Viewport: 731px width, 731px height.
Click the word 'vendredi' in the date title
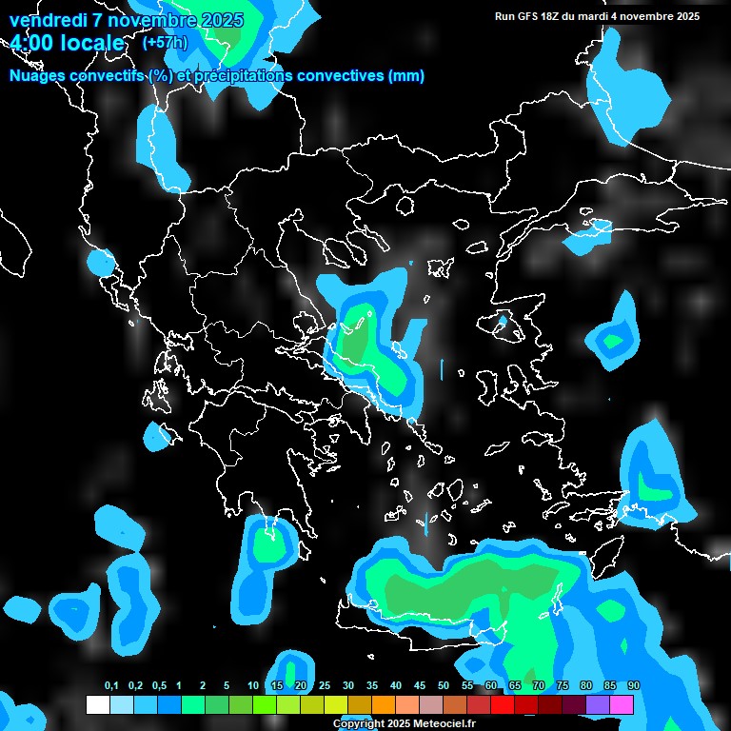coord(47,20)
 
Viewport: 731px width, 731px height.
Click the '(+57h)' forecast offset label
coord(165,42)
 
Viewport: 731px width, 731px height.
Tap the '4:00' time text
coord(34,44)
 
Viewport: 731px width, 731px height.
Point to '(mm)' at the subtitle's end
coord(406,76)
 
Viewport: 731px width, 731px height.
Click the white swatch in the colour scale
coord(97,705)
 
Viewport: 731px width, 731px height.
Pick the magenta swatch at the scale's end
coord(622,705)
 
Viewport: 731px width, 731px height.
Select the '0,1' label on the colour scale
coord(111,686)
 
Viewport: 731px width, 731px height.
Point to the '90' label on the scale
coord(634,686)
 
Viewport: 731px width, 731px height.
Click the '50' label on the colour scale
coord(444,686)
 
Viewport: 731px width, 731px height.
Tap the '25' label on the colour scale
coord(325,686)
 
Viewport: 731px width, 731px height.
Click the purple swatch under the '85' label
coord(598,705)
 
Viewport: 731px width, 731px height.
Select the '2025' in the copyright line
coord(378,724)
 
